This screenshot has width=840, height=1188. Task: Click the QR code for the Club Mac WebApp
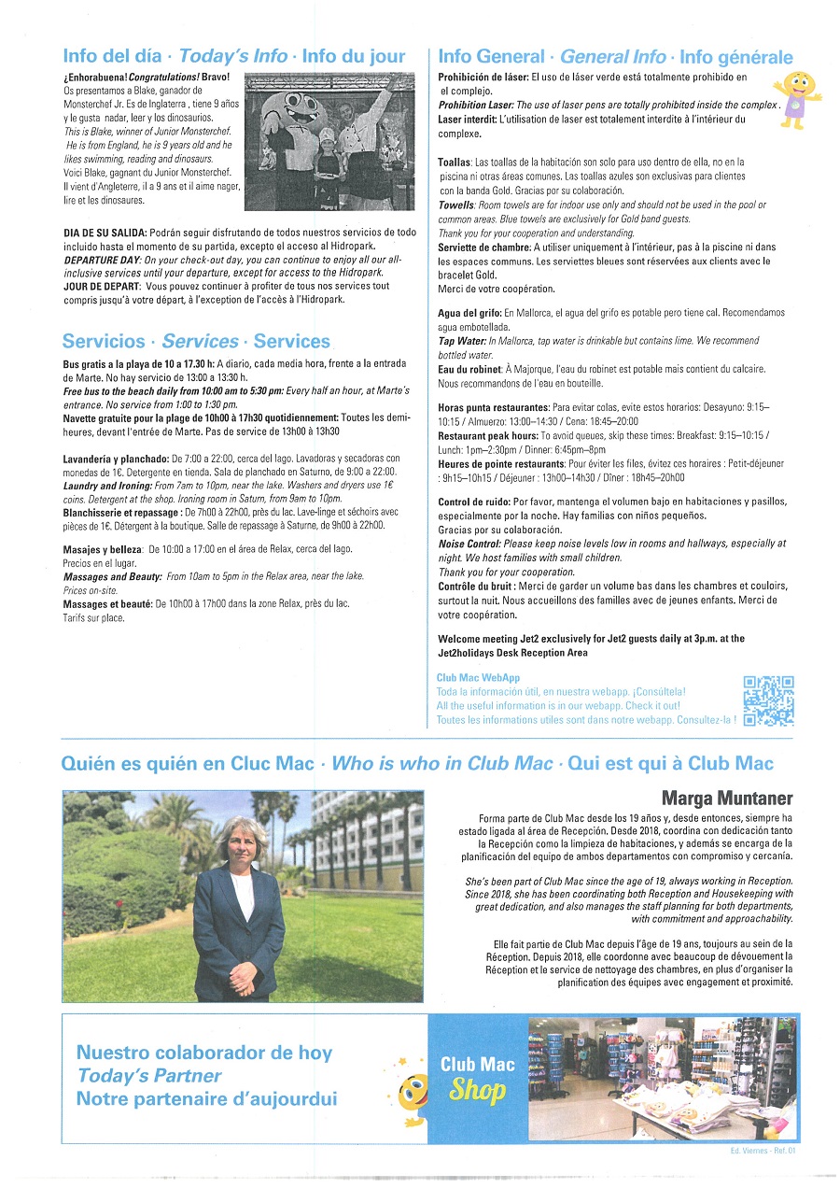(x=768, y=700)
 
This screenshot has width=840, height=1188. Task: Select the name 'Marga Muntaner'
(x=727, y=798)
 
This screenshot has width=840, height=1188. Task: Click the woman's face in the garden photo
(x=242, y=841)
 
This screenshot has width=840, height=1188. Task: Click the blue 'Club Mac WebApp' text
(x=478, y=677)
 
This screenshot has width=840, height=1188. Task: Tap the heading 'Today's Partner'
(x=149, y=1076)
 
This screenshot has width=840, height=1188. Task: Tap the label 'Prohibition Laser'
(x=475, y=106)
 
